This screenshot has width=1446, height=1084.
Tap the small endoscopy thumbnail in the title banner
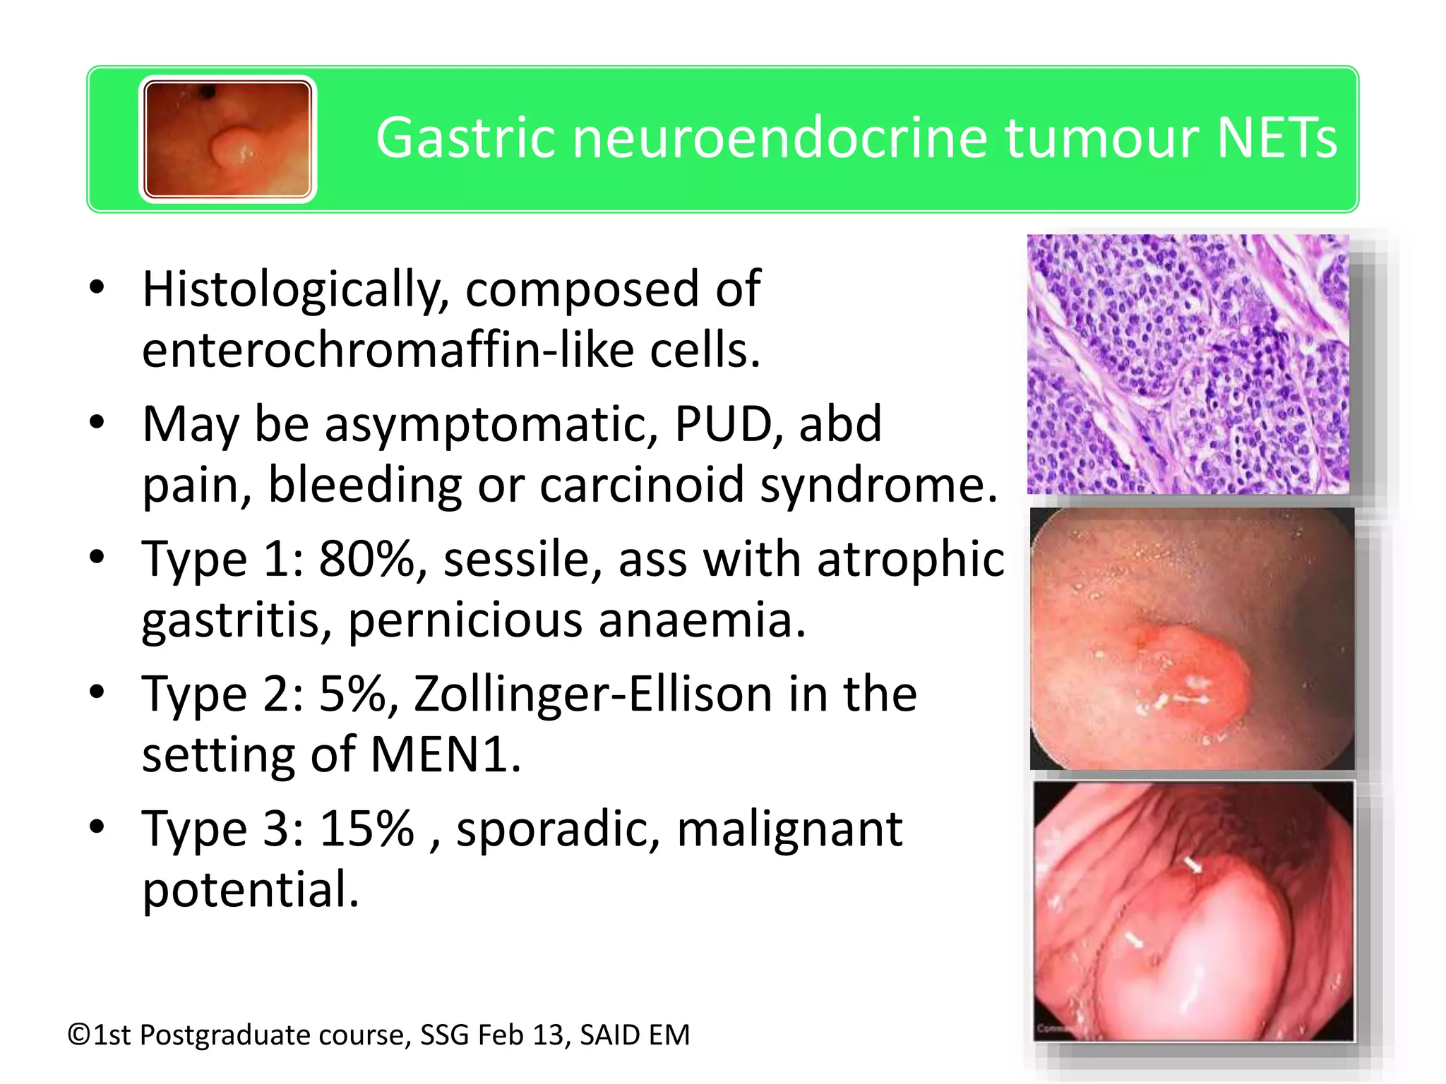pos(227,139)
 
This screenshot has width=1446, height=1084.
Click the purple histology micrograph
pos(1188,364)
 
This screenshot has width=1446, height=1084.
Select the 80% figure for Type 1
pos(372,560)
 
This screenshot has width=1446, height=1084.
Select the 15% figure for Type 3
pos(366,829)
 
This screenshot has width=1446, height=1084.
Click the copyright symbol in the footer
pos(79,1035)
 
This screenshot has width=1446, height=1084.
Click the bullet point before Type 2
pos(97,692)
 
